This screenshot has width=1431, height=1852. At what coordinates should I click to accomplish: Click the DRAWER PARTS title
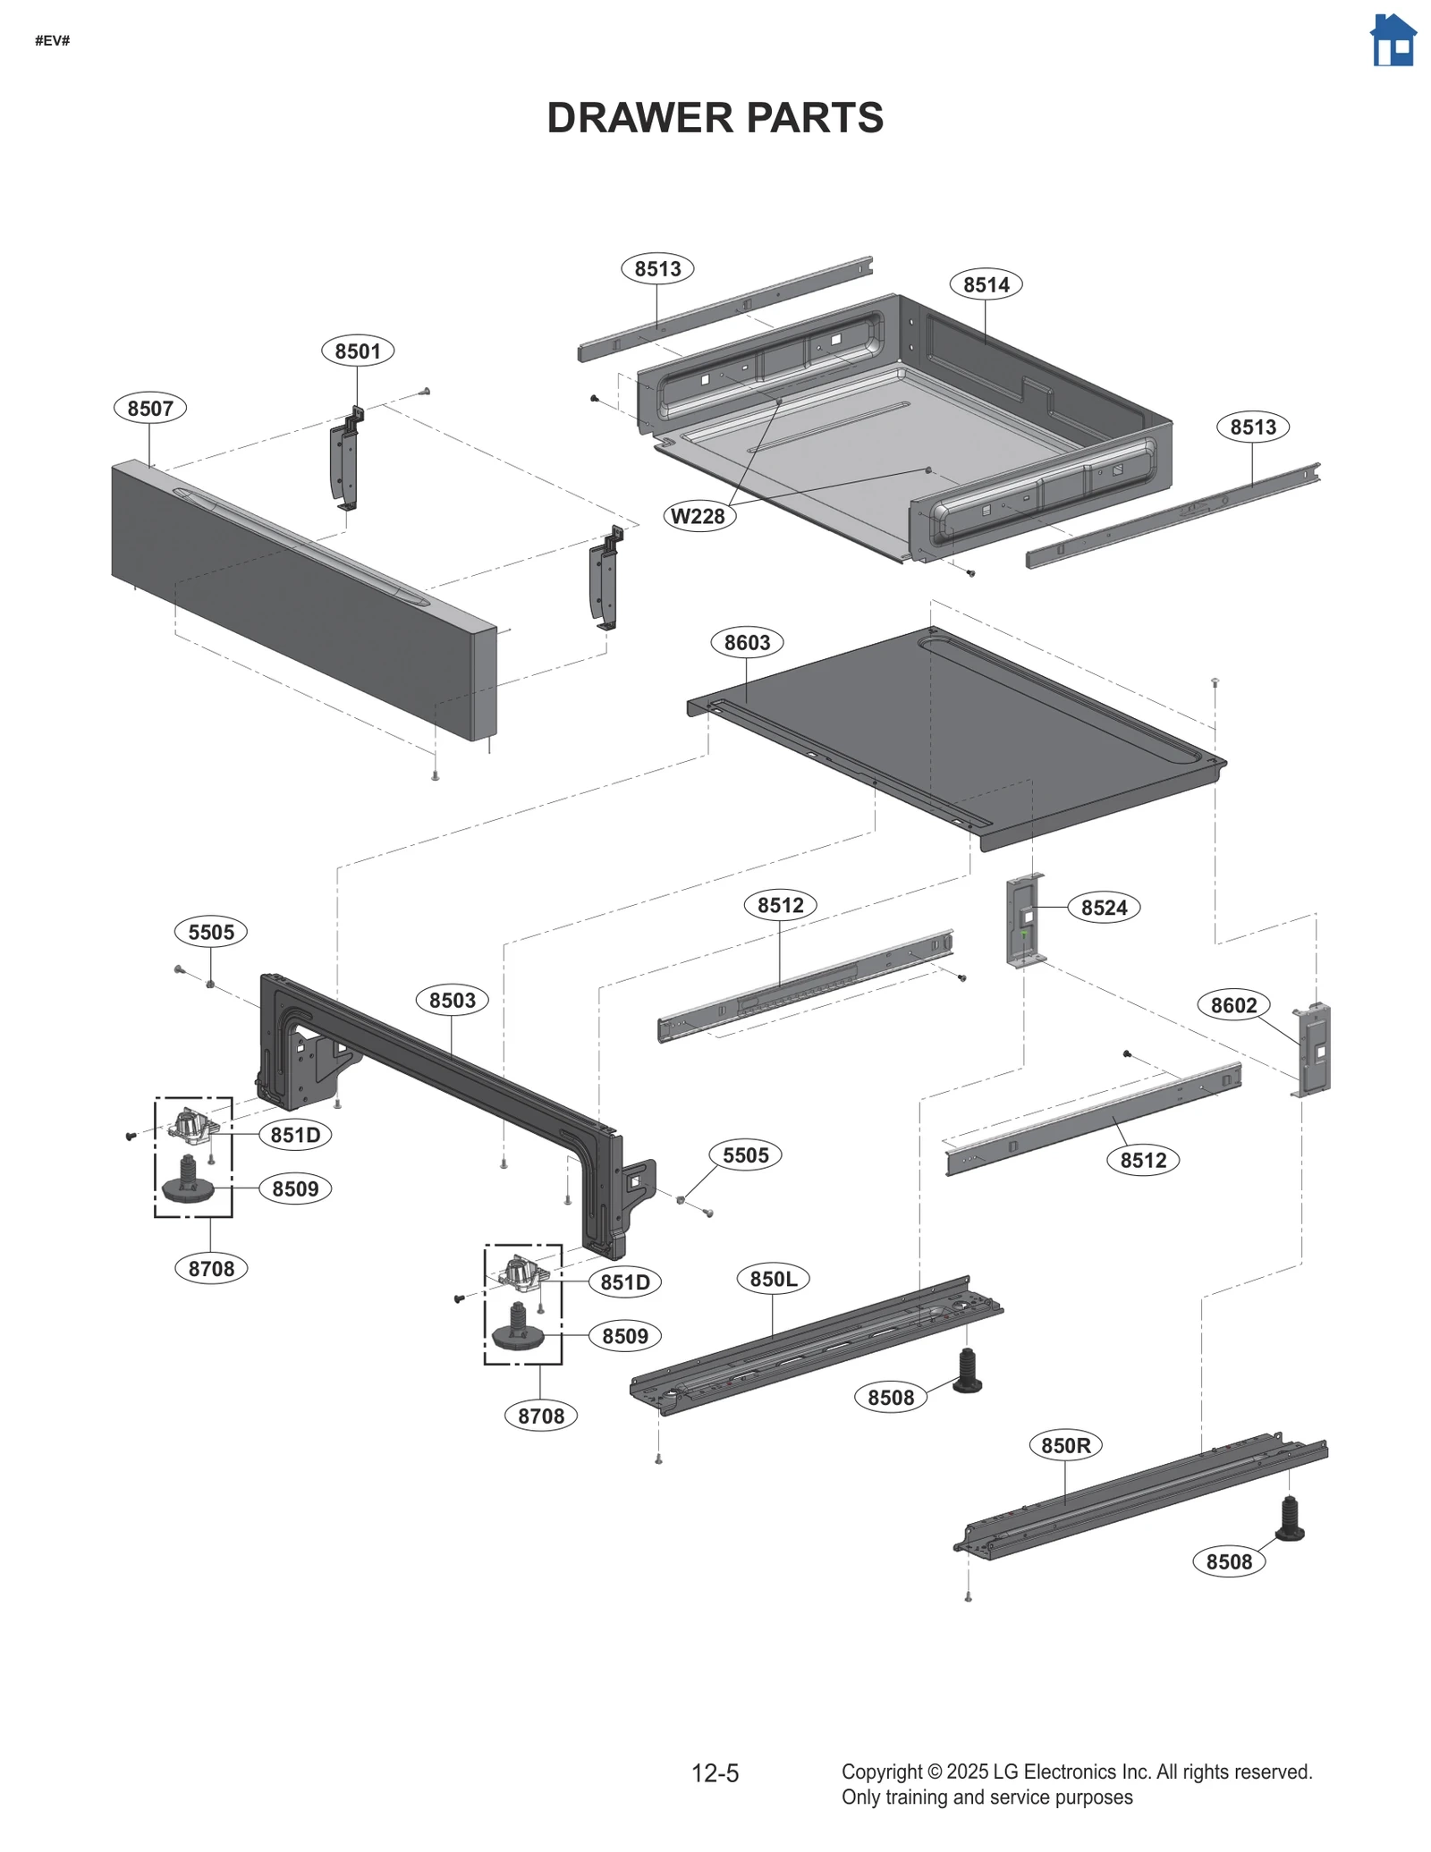tap(715, 118)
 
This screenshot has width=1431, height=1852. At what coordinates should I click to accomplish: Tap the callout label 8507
tap(150, 409)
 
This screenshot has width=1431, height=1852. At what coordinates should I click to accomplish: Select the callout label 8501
tap(358, 351)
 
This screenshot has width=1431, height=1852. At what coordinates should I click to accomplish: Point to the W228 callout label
tap(699, 516)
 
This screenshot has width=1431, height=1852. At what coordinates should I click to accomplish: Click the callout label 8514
tap(986, 284)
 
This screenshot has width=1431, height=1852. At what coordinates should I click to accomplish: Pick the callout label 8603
tap(747, 642)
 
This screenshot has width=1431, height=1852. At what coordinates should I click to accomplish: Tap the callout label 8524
tap(1104, 908)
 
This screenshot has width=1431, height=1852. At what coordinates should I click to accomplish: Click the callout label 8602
tap(1233, 1005)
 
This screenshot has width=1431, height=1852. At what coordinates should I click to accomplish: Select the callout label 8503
tap(453, 1000)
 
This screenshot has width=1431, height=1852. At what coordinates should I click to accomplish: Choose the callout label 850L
tap(774, 1279)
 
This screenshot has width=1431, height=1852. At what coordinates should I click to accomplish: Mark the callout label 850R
tap(1065, 1445)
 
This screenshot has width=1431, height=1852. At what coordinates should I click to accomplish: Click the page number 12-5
tap(715, 1773)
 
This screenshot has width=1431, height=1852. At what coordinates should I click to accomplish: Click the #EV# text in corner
tap(53, 41)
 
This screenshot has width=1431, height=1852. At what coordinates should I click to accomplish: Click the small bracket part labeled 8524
tap(1025, 921)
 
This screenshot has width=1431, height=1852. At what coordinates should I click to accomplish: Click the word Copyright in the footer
tap(881, 1772)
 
